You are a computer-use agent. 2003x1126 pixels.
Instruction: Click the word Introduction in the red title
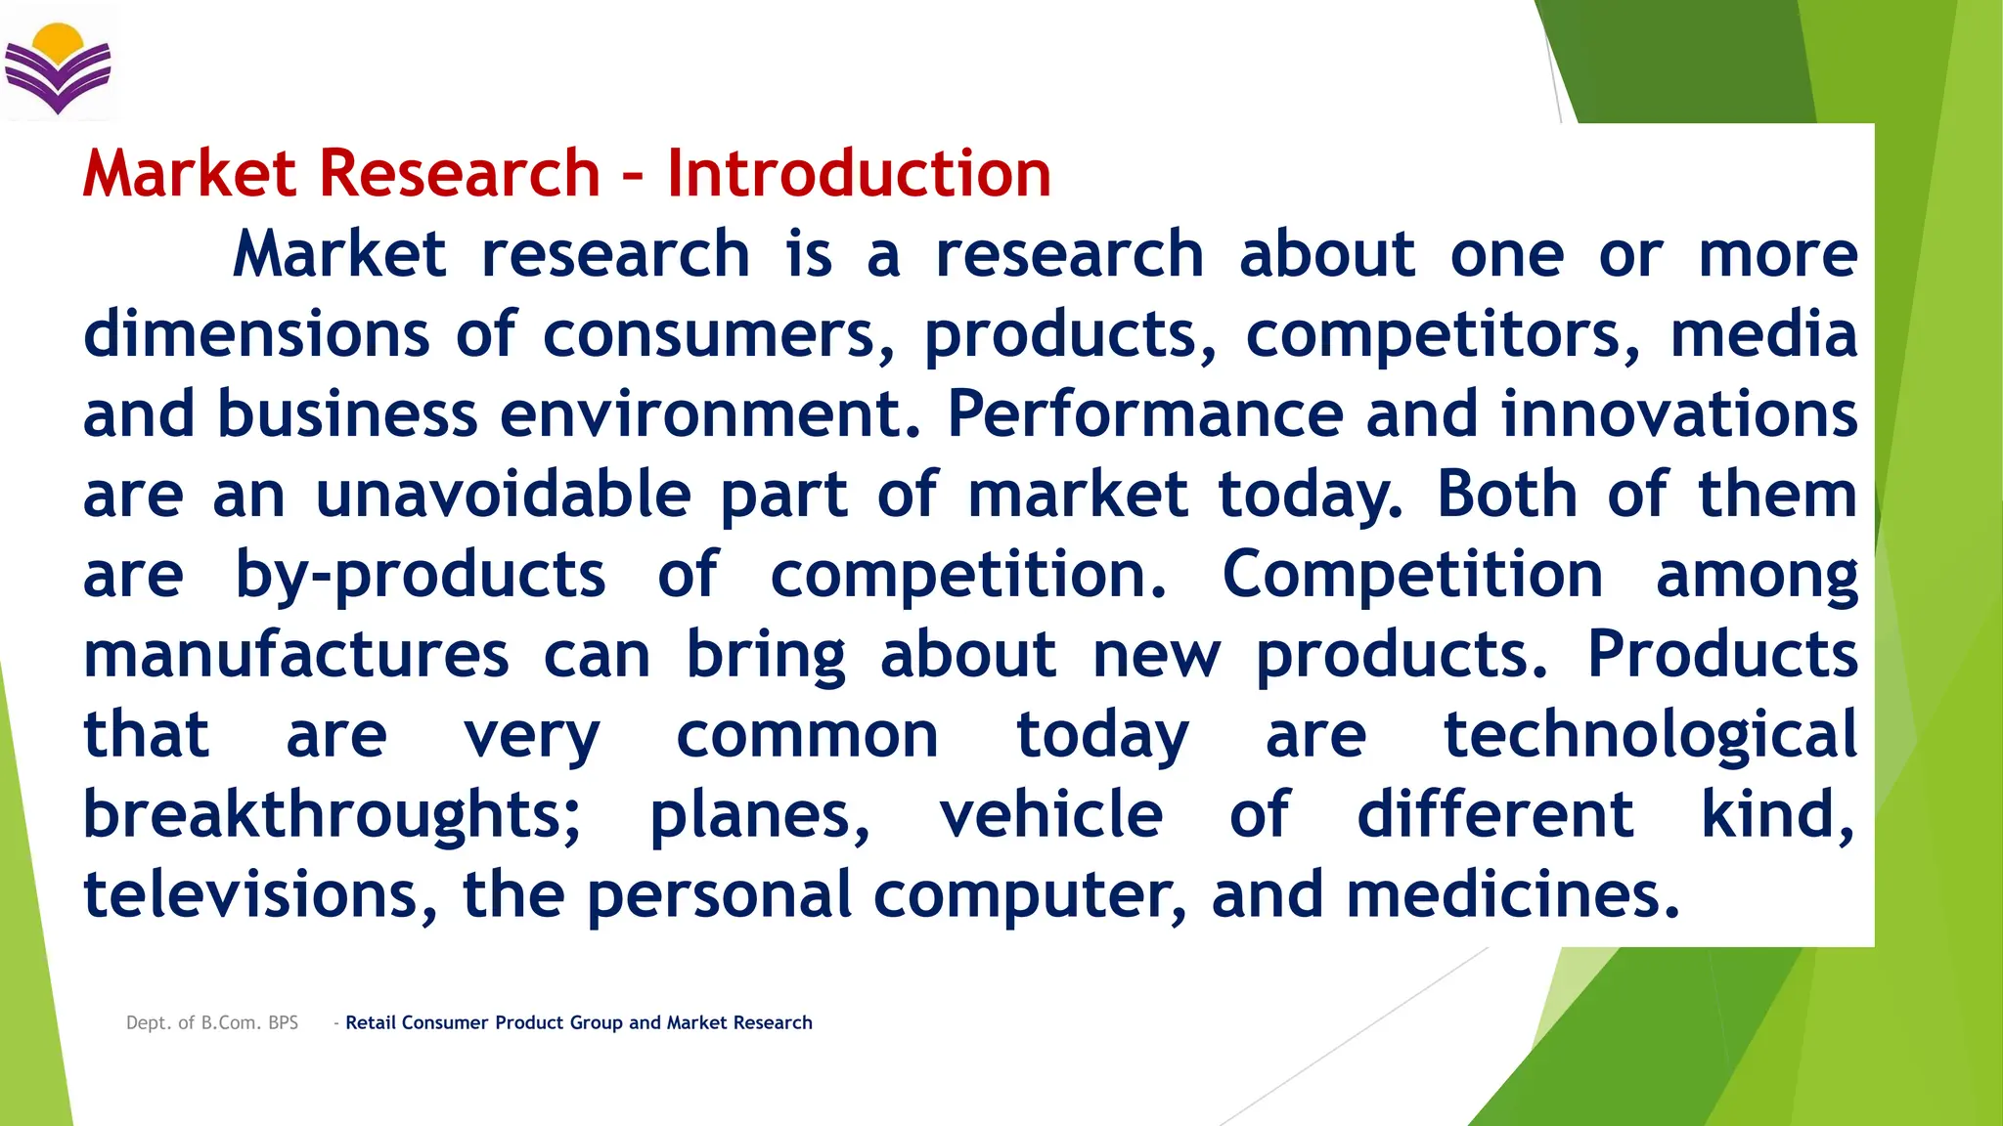[x=859, y=174]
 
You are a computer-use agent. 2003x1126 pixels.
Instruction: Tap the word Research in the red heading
[x=459, y=174]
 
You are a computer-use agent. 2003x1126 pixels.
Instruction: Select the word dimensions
[x=256, y=334]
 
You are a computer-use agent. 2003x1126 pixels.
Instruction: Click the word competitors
[x=1443, y=334]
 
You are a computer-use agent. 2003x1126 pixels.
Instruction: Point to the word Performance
[x=1144, y=414]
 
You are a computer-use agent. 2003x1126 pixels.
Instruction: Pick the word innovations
[x=1678, y=414]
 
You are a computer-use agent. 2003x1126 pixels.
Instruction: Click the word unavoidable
[x=504, y=495]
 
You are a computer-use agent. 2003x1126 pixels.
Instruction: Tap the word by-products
[x=420, y=575]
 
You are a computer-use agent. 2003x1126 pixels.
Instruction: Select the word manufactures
[x=295, y=655]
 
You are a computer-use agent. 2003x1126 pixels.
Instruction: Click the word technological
[x=1650, y=735]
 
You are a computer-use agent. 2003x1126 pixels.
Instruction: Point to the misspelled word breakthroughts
[x=332, y=815]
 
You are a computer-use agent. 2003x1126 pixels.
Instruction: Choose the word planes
[x=759, y=815]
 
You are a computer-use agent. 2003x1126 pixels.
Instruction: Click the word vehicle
[x=1050, y=815]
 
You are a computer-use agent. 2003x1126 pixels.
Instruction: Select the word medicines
[x=1512, y=895]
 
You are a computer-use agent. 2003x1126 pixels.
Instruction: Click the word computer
[x=1029, y=895]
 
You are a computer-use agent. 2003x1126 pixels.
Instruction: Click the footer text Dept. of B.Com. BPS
[x=212, y=1022]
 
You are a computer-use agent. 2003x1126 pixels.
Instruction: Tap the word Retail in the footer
[x=371, y=1022]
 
